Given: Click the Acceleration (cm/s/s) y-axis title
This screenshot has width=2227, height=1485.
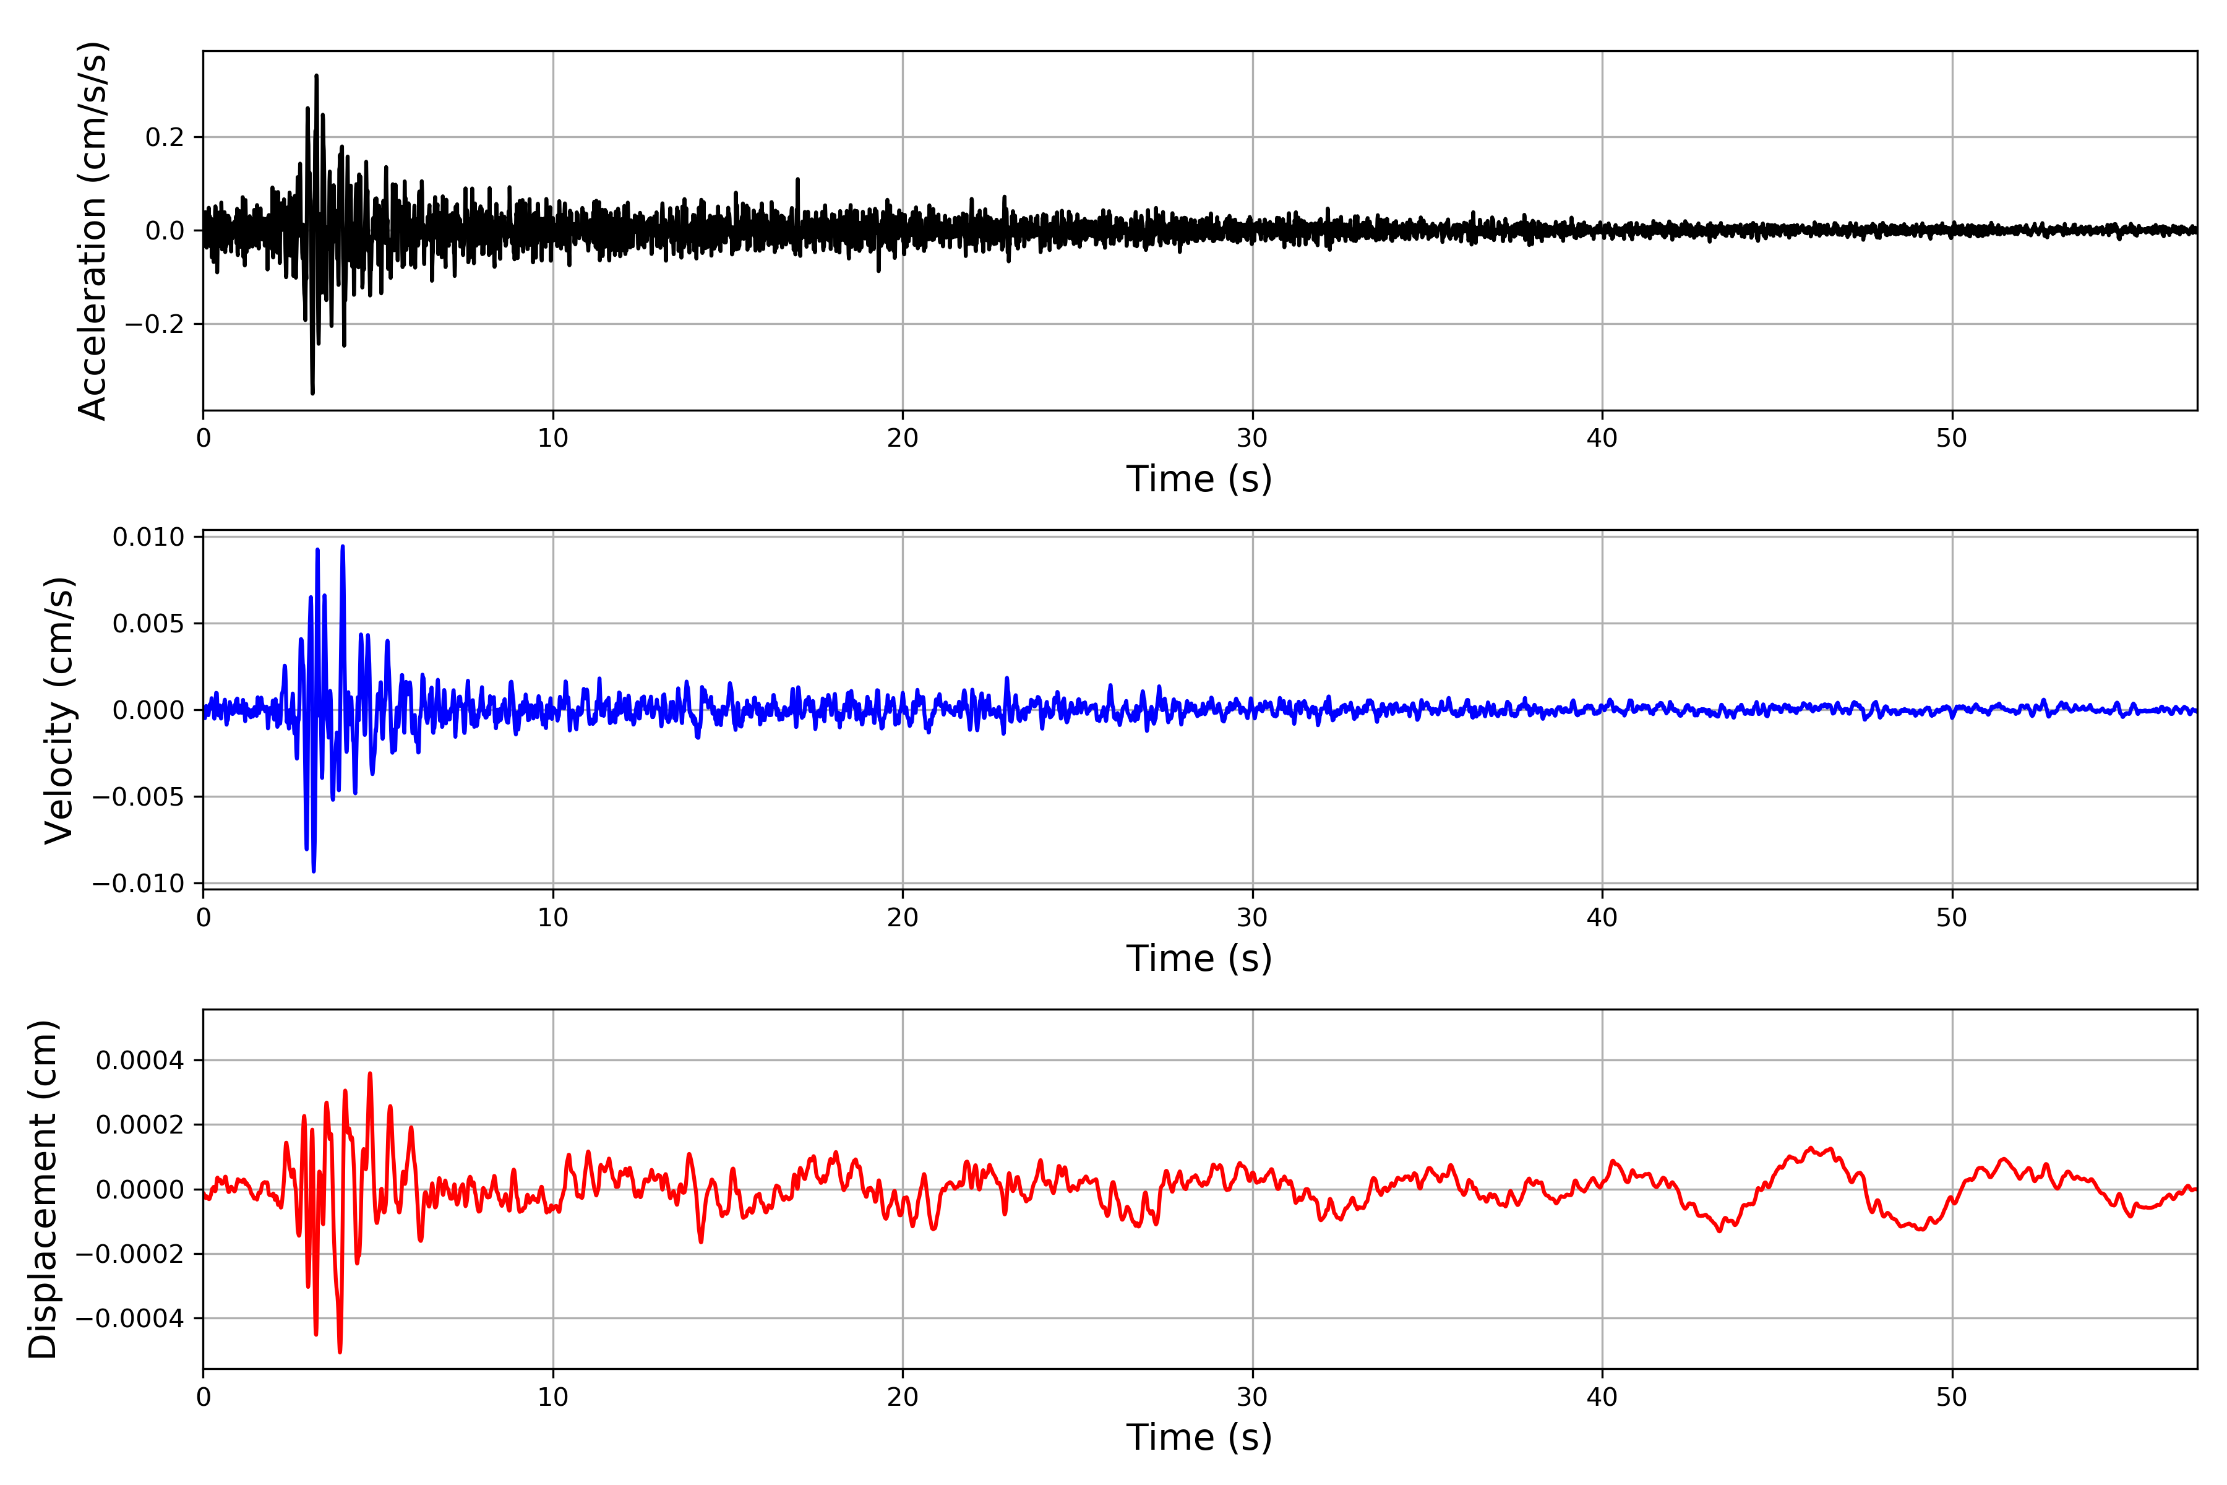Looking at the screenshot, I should pyautogui.click(x=93, y=230).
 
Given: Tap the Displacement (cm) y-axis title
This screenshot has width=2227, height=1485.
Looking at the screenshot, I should pyautogui.click(x=43, y=1189).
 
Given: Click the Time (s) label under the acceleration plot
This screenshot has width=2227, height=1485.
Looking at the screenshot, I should pyautogui.click(x=1199, y=479).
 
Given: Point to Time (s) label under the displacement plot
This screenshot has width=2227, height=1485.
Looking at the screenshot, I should pyautogui.click(x=1199, y=1437).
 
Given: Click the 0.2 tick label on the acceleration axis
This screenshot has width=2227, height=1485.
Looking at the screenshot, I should pyautogui.click(x=164, y=137).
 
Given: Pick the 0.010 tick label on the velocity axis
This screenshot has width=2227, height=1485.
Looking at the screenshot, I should pyautogui.click(x=148, y=538).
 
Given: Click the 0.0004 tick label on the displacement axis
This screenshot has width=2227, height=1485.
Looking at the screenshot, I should pyautogui.click(x=140, y=1061).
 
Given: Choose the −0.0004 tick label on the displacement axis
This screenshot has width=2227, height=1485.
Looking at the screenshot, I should pyautogui.click(x=130, y=1319).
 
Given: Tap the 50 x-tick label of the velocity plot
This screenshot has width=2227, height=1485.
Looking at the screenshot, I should pyautogui.click(x=1952, y=918).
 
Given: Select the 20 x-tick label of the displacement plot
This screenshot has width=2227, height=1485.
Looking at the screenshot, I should pyautogui.click(x=903, y=1397).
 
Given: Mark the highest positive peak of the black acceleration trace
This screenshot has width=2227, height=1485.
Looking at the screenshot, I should pyautogui.click(x=316, y=75).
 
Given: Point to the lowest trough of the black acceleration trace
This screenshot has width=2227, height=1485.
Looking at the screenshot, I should pyautogui.click(x=312, y=392).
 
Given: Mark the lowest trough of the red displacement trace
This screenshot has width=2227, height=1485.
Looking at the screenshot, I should pyautogui.click(x=340, y=1351).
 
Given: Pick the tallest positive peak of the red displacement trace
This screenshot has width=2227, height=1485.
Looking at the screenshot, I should pyautogui.click(x=370, y=1074).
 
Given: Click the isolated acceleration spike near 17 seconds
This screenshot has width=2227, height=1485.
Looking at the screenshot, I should pyautogui.click(x=797, y=179).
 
